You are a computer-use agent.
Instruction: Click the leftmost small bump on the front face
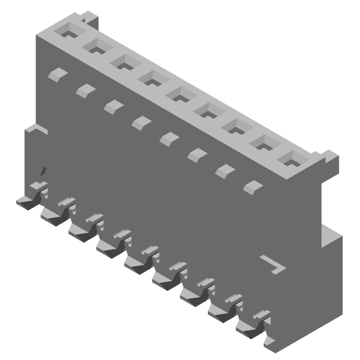pos(57,74)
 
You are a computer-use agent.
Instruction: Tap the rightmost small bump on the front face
pos(253,186)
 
